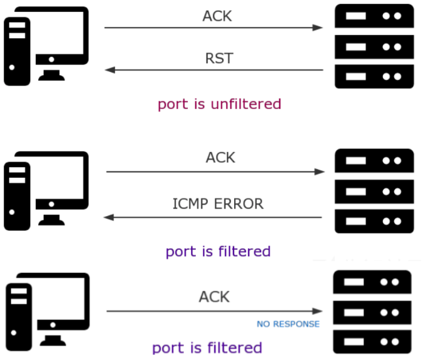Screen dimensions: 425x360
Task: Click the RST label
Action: coord(219,58)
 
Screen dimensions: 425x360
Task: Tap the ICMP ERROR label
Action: coord(218,204)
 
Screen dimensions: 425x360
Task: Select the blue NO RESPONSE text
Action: coord(288,324)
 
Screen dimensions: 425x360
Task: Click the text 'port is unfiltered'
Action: coord(219,105)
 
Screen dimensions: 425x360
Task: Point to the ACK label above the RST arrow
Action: coord(217,16)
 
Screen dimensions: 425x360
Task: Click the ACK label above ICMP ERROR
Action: coord(220,158)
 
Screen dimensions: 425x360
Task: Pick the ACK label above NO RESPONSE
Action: coord(214,297)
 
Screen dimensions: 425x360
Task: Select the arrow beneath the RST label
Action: coord(214,70)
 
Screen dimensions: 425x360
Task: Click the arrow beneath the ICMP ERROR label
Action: coord(213,217)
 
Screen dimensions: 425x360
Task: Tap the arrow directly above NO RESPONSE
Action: coord(215,311)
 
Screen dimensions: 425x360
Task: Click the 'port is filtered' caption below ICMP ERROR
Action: coord(218,252)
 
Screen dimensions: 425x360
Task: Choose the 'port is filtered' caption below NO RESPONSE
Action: coord(207,348)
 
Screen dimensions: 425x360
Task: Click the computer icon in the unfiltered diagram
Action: coord(46,46)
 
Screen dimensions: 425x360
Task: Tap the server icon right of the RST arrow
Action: coord(374,46)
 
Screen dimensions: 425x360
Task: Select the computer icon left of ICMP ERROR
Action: coord(46,191)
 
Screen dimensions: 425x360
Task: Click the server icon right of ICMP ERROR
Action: coord(374,191)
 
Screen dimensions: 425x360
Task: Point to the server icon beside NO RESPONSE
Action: coord(372,312)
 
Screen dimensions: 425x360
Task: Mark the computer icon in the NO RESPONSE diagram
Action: coord(48,312)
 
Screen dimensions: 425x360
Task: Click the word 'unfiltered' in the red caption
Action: coord(246,104)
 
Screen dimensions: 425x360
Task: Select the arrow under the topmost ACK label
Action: coord(213,28)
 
